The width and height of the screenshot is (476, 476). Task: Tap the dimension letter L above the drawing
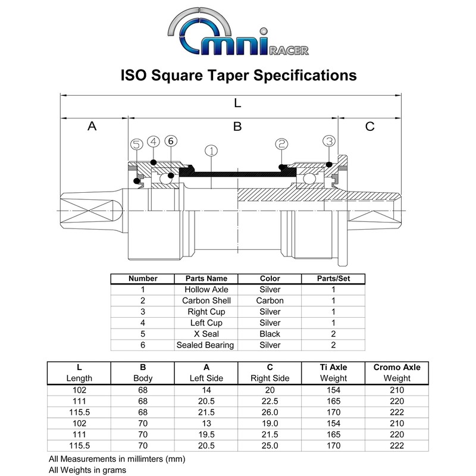coord(237,102)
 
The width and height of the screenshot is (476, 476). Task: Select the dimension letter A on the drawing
coord(92,126)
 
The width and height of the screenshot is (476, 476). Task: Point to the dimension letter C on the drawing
coord(369,126)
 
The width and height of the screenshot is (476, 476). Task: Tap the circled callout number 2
coord(281,144)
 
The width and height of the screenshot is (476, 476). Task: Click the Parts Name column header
coord(206,278)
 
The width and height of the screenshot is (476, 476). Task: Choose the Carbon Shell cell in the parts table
coord(206,300)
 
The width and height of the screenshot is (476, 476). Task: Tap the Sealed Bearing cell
coord(206,345)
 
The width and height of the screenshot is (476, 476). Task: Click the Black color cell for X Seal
coord(270,334)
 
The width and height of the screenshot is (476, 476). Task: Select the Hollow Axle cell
coord(206,289)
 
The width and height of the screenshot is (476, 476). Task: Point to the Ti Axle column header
coord(333,367)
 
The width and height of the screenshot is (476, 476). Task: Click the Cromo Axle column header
coord(397,367)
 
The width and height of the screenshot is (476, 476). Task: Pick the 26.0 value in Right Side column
coord(270,412)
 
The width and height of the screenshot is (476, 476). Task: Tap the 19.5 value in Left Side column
coord(206,434)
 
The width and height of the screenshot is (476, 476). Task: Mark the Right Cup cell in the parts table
coord(206,312)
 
